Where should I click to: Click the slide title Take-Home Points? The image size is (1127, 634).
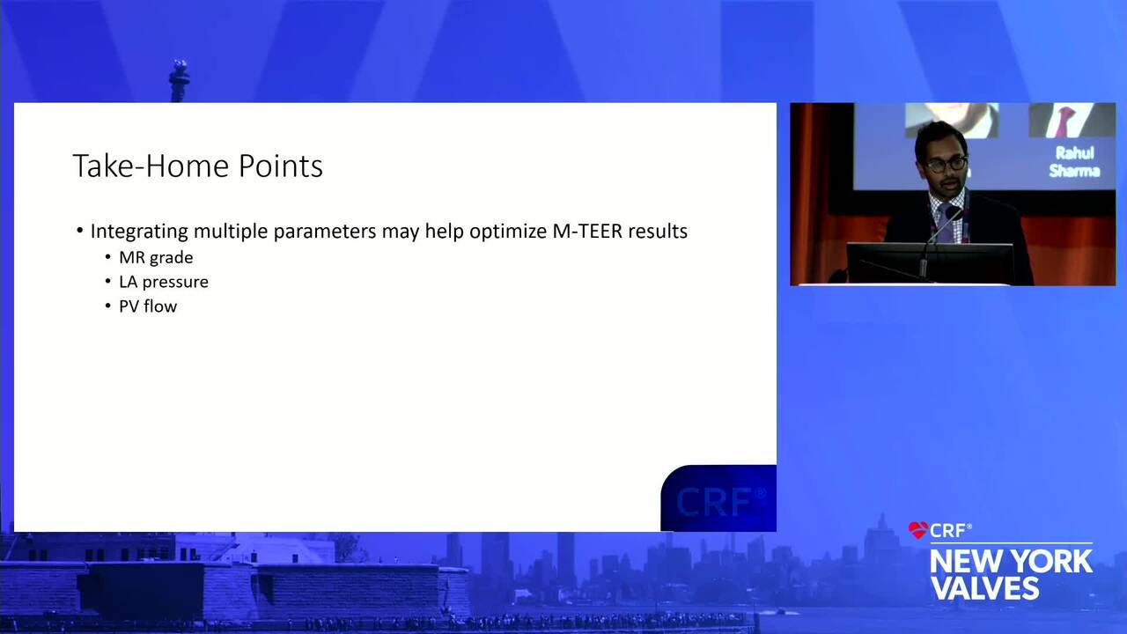click(x=198, y=166)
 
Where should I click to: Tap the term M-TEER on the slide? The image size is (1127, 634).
click(x=587, y=231)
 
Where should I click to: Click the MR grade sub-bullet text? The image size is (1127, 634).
click(x=156, y=258)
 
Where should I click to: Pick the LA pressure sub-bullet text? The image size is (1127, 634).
click(x=164, y=282)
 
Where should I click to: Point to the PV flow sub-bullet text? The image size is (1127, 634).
click(x=148, y=306)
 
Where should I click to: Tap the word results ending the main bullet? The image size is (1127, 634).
click(x=658, y=231)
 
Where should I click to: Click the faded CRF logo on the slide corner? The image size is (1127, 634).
click(x=720, y=501)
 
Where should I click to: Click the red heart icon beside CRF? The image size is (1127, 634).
click(x=917, y=530)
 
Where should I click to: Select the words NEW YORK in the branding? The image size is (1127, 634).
click(x=1011, y=562)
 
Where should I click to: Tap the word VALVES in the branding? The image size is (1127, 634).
click(x=984, y=587)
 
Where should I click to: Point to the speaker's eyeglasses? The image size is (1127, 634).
click(x=946, y=165)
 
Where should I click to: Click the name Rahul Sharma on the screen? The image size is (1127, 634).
click(x=1073, y=162)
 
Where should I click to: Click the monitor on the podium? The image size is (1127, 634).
click(x=929, y=263)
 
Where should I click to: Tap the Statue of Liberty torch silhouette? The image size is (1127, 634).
click(x=179, y=80)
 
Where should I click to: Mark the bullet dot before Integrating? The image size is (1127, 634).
click(x=80, y=231)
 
